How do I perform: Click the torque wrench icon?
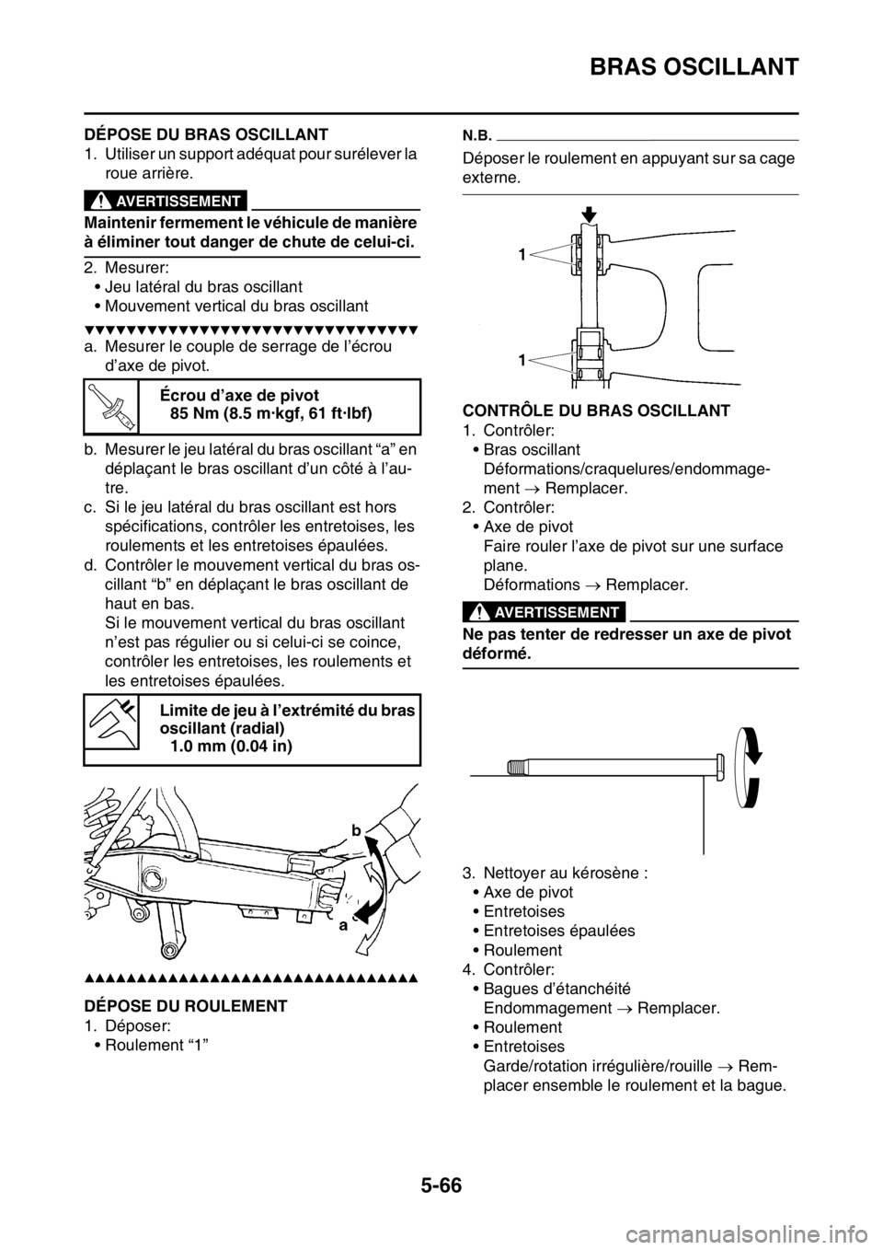pos(110,407)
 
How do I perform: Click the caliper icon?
pos(110,721)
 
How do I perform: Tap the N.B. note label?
pos(476,133)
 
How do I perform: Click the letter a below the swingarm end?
pos(342,928)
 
